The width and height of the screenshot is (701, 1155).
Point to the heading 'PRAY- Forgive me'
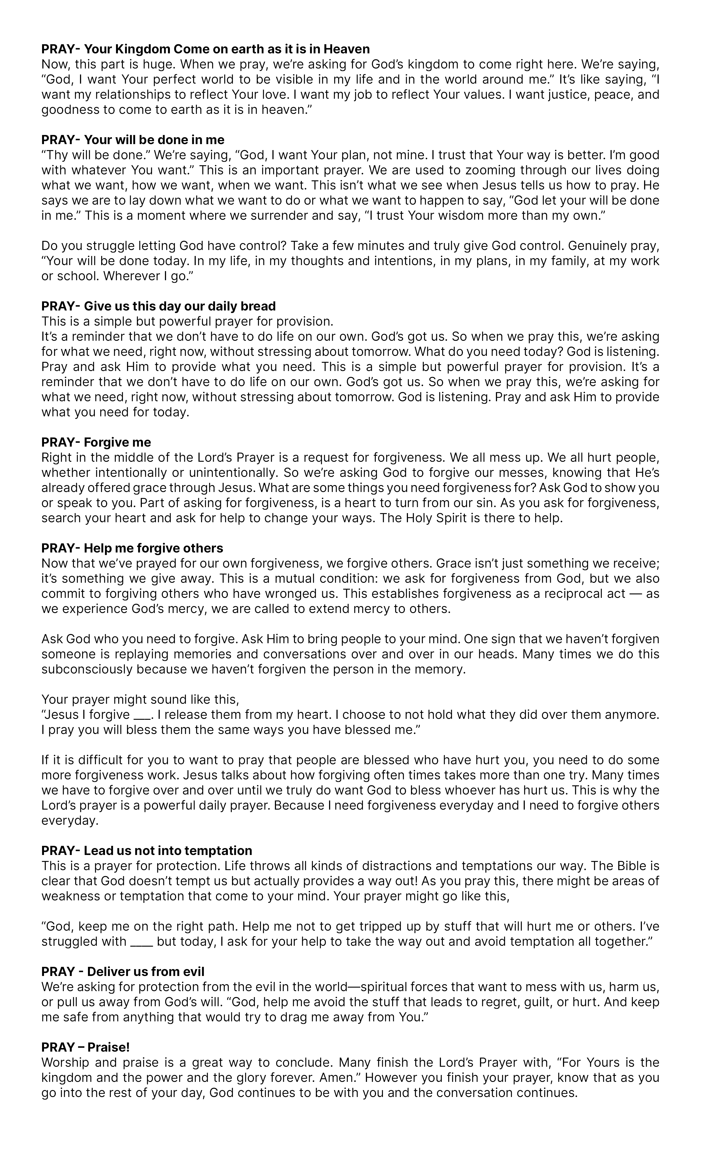[x=96, y=442]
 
